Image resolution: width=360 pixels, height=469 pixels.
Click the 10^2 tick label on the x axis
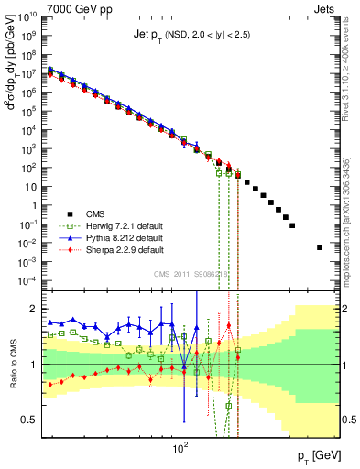180,450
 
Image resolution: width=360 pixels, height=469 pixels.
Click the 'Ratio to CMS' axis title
12,365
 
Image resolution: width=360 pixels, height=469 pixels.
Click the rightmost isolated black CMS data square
320,247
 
